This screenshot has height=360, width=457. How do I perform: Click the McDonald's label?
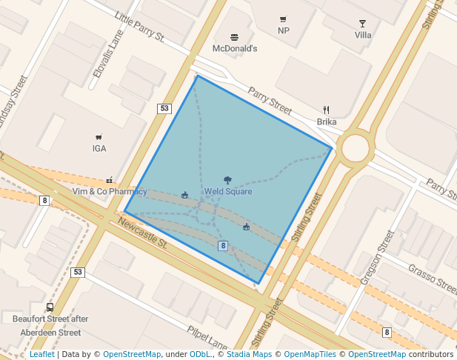pos(234,49)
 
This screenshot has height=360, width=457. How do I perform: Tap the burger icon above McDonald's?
pos(234,37)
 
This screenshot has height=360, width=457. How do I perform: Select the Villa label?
pos(363,35)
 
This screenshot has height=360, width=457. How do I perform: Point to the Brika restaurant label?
pos(327,121)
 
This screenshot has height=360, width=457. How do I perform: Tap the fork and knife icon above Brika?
pos(326,110)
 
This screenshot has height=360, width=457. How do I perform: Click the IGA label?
pos(99,148)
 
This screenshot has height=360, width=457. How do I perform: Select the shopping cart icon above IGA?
pos(99,137)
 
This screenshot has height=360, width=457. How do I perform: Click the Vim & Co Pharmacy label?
pos(110,192)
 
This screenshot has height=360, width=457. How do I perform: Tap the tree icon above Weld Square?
pos(227,180)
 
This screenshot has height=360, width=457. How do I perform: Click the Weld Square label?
pos(228,192)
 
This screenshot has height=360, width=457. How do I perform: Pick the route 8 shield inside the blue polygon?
pos(222,245)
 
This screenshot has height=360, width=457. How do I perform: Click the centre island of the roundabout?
pos(356,147)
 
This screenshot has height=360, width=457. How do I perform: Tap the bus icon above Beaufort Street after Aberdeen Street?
pos(50,307)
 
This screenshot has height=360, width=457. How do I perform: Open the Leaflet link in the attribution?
pos(41,355)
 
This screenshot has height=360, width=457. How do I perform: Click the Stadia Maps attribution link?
pos(249,355)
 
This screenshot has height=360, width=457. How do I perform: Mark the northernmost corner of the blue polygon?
pos(197,76)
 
